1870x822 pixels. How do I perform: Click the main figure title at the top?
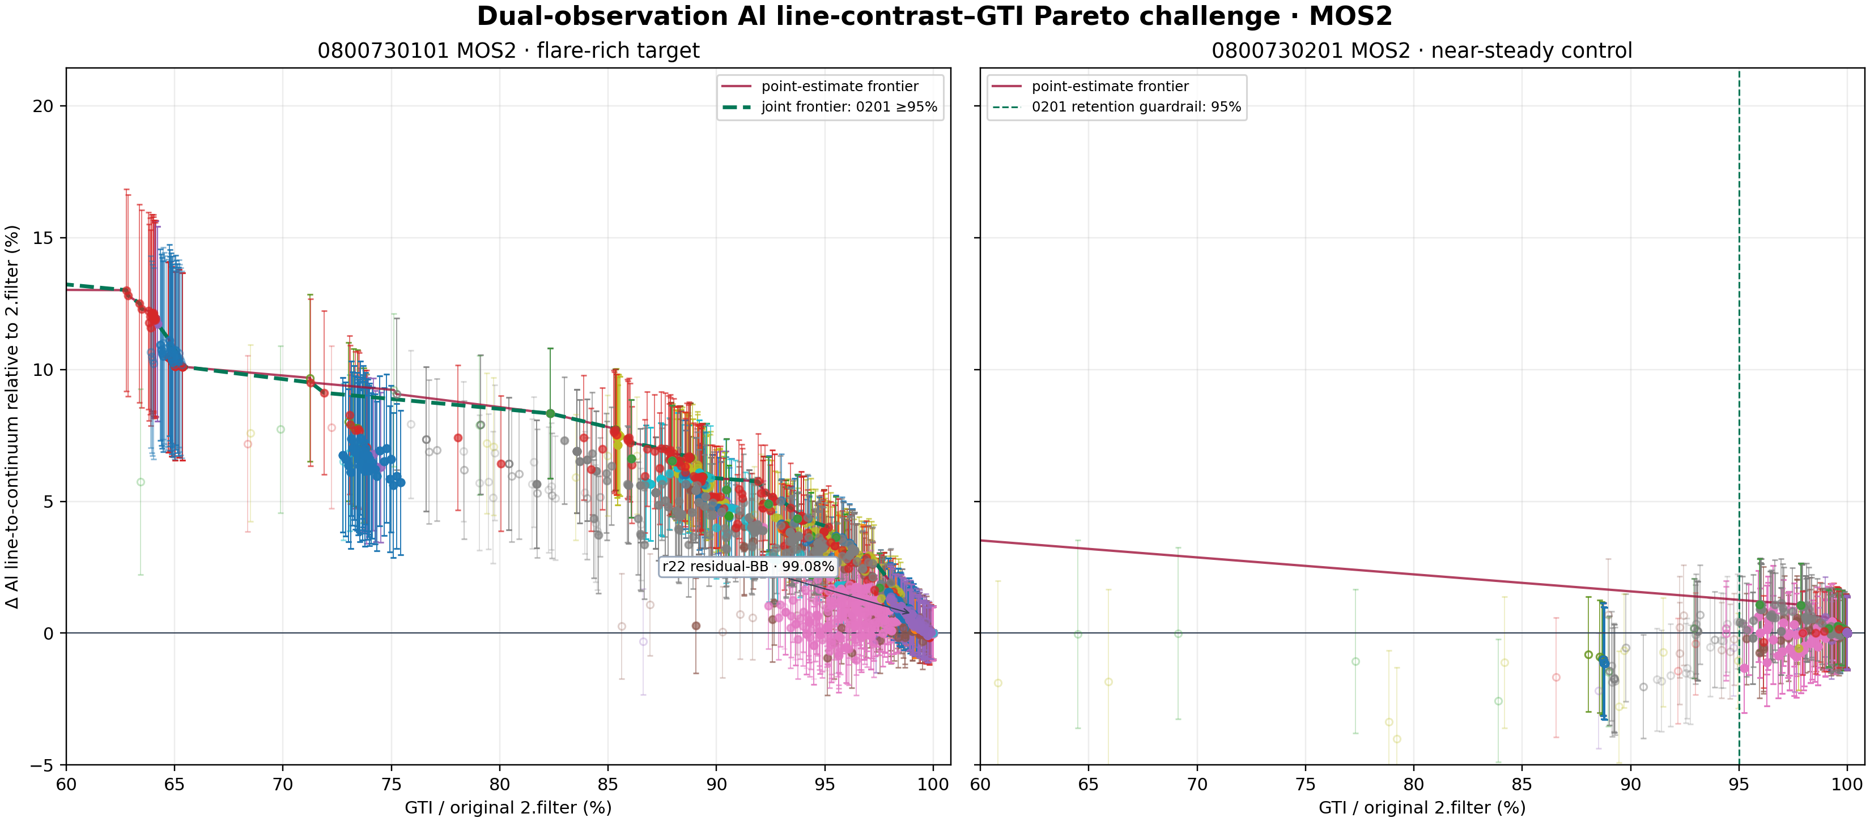(x=934, y=16)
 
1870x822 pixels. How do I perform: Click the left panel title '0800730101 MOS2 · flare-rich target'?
(x=508, y=51)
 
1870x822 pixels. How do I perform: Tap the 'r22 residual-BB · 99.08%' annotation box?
(x=749, y=567)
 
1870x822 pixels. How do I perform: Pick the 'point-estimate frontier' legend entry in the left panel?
(x=821, y=87)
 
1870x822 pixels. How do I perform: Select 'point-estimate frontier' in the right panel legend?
(x=1090, y=87)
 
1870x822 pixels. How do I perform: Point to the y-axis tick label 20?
(x=44, y=106)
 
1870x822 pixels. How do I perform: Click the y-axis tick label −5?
(x=42, y=765)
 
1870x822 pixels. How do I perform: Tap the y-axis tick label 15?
(x=44, y=238)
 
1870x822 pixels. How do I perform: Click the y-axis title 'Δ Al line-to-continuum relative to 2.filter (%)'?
(x=12, y=417)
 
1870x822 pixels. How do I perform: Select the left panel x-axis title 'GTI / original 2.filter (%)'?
(x=508, y=807)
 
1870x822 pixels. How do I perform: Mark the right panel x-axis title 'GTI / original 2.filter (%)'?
(x=1422, y=807)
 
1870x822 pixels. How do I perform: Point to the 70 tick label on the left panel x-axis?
(x=283, y=784)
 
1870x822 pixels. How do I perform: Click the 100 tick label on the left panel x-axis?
(x=933, y=784)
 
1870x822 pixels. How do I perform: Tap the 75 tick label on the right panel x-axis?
(x=1305, y=784)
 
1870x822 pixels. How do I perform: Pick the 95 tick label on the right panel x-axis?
(x=1739, y=784)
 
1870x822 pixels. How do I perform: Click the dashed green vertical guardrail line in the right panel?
(x=1739, y=417)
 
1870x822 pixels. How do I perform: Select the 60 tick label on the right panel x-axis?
(x=980, y=784)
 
